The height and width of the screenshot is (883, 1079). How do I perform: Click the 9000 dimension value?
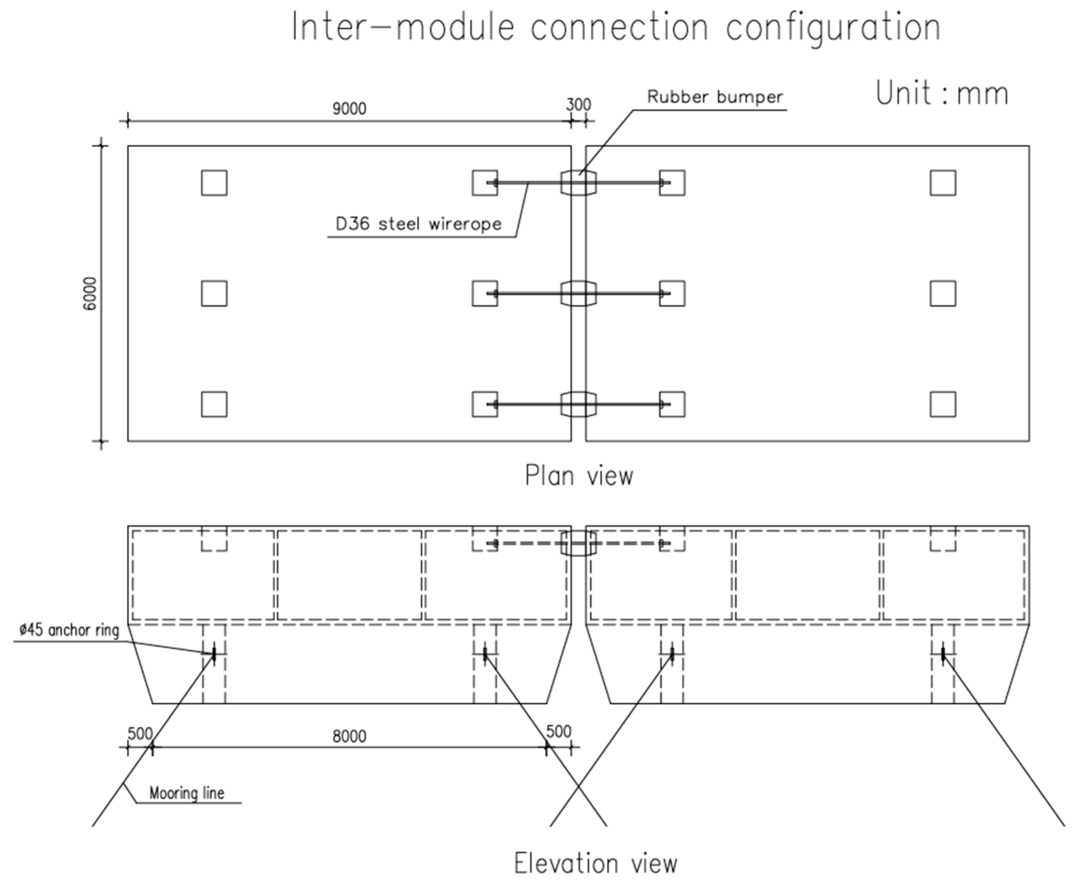tap(349, 108)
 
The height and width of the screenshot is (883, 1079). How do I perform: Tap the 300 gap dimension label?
tap(578, 104)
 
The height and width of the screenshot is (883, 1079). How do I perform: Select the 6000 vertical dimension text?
tap(90, 293)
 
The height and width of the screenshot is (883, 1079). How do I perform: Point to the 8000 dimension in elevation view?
tap(349, 736)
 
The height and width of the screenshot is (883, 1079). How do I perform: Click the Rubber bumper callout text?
tap(715, 96)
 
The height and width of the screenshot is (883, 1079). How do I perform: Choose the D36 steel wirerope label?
tap(418, 224)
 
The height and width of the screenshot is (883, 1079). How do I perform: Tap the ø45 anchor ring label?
tap(69, 630)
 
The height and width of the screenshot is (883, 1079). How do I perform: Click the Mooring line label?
tap(186, 792)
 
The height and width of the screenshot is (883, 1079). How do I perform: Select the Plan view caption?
tap(579, 476)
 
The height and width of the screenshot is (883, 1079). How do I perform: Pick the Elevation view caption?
tap(595, 863)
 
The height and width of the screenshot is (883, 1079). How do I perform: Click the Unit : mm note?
tap(941, 93)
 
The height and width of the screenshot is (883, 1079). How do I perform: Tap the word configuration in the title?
tap(833, 27)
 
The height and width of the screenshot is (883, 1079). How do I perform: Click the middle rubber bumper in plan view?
tap(578, 293)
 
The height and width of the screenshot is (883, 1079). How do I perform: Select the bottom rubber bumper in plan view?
tap(578, 404)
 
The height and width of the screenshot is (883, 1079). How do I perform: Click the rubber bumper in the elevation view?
tap(578, 543)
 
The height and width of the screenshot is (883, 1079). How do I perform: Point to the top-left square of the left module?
tap(214, 183)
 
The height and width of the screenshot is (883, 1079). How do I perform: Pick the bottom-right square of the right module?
tap(943, 404)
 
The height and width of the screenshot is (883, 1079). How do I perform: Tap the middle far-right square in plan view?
tap(943, 293)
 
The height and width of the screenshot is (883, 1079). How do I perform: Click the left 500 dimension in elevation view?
tap(140, 733)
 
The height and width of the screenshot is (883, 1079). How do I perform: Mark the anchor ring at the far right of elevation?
tap(943, 654)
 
